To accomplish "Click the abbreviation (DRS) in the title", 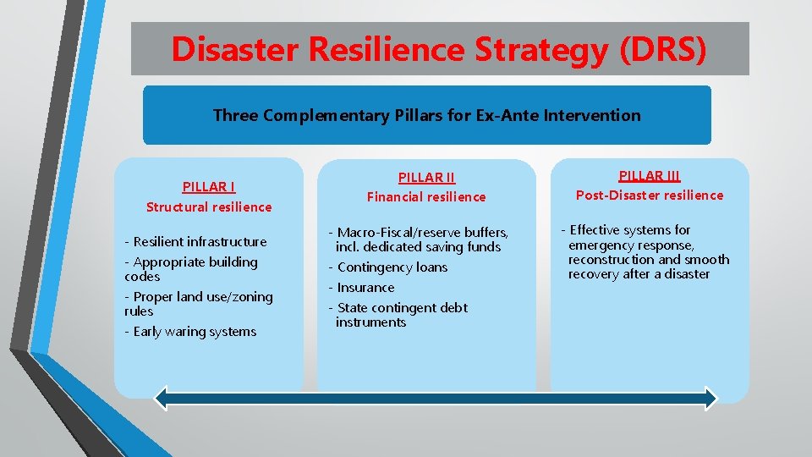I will point(662,49).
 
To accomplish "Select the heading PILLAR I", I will point(209,186).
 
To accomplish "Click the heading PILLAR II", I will point(426,177).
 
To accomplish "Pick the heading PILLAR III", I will point(650,175).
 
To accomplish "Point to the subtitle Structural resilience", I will point(209,206).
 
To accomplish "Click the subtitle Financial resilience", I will point(426,196).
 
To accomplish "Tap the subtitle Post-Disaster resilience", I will point(650,195).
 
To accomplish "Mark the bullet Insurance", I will point(365,288).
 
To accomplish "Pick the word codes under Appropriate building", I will point(142,277).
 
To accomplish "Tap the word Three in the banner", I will point(236,115).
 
